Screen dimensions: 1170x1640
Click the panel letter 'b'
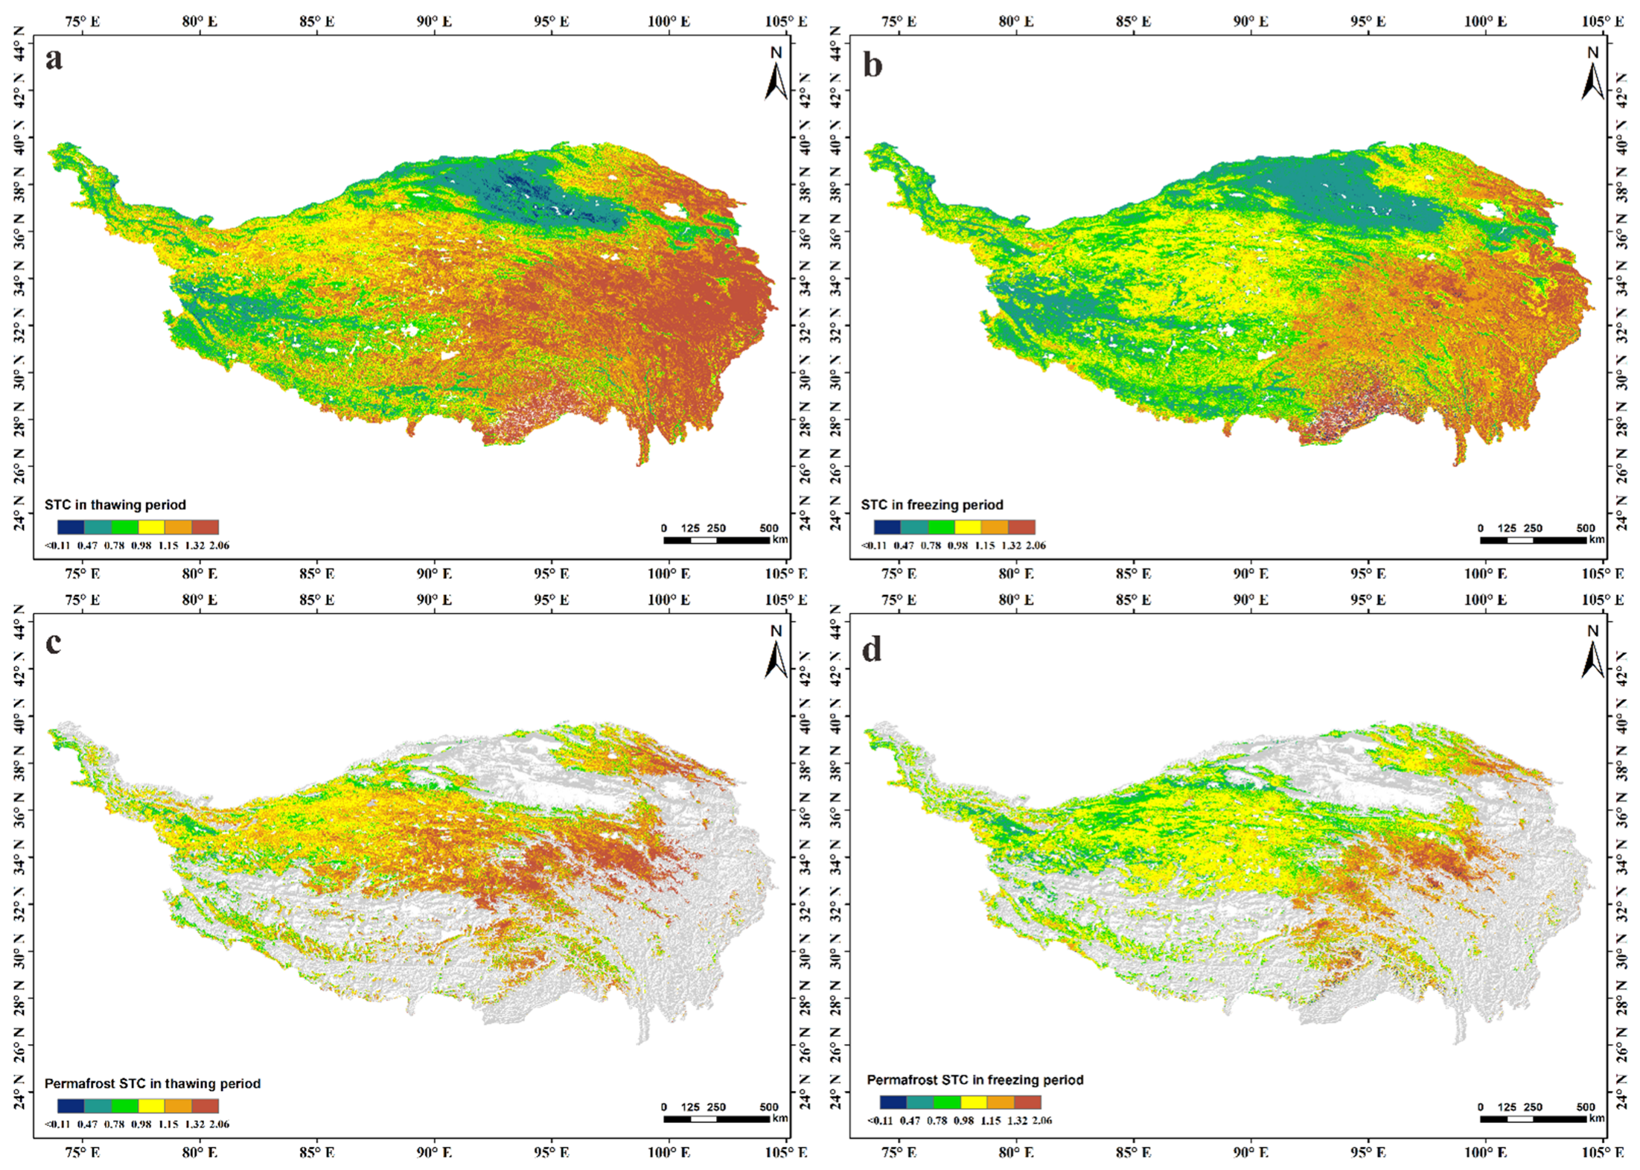(872, 66)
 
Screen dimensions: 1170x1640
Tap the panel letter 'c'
(54, 643)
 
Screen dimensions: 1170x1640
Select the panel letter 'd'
(872, 650)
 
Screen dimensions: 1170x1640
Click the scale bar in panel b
(1533, 540)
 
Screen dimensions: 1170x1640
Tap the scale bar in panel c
(716, 1119)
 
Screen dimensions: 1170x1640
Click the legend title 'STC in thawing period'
(115, 505)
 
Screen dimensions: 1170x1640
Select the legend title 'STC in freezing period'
(932, 505)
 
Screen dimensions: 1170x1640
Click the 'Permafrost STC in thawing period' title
(153, 1084)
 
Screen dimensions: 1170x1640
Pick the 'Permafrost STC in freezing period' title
(975, 1080)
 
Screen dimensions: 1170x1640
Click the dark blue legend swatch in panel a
(71, 527)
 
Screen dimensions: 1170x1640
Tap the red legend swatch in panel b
(1021, 527)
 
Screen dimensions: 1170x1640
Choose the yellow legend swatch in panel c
(151, 1106)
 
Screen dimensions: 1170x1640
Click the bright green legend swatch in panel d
(947, 1102)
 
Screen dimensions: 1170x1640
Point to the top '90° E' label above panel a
(434, 22)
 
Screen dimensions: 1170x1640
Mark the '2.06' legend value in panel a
(220, 546)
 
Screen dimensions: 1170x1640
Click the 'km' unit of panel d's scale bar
(1597, 1118)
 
